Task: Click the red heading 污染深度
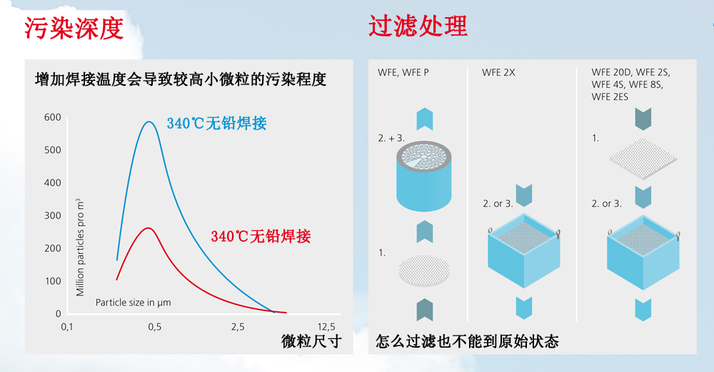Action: tap(74, 27)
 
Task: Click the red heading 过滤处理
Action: tap(418, 26)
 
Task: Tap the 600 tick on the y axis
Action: tap(52, 117)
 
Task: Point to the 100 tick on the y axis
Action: tap(52, 281)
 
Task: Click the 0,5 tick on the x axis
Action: tap(154, 327)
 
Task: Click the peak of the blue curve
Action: tap(149, 122)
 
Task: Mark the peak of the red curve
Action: tap(149, 228)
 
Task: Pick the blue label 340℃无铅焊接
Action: tap(216, 123)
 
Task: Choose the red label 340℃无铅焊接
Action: tap(261, 236)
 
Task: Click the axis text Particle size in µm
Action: tap(134, 303)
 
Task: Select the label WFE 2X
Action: tap(497, 72)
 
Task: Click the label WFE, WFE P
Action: tap(403, 72)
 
